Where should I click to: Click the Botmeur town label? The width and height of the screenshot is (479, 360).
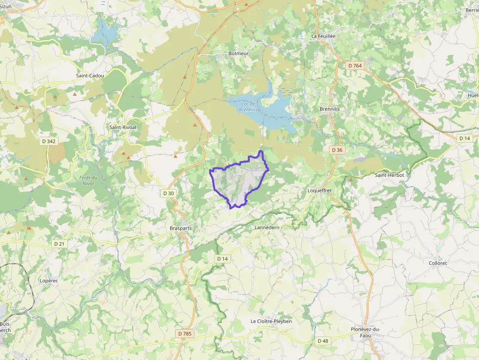click(239, 53)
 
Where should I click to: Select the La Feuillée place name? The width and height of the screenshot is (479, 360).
click(324, 36)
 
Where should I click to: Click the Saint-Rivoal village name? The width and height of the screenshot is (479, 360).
click(123, 127)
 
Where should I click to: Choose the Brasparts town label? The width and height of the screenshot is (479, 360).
click(181, 228)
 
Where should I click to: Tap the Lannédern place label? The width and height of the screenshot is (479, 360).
click(267, 228)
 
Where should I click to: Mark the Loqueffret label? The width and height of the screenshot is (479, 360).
click(320, 190)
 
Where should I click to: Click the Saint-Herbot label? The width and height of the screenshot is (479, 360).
click(390, 174)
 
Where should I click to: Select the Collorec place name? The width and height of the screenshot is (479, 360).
click(438, 263)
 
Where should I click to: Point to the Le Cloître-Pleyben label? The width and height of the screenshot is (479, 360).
click(271, 321)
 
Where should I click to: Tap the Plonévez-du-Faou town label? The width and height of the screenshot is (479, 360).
click(366, 332)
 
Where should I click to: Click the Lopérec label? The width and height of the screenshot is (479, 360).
click(49, 281)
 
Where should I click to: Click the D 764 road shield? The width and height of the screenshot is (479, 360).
click(355, 65)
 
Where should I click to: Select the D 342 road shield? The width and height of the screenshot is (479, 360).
click(49, 141)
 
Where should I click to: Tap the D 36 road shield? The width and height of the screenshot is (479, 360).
click(336, 150)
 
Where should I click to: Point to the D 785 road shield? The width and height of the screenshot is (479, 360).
click(185, 334)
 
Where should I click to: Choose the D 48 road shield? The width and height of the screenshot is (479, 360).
click(323, 340)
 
